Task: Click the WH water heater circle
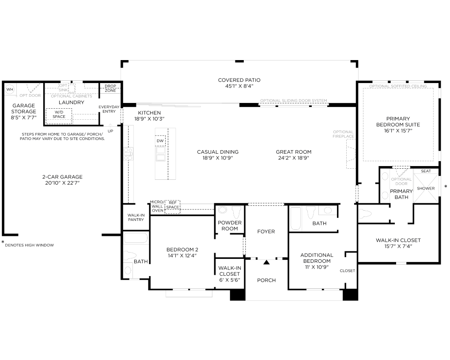coord(10,89)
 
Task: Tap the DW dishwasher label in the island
coord(160,140)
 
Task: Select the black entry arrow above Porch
coord(267,262)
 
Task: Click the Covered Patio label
coord(239,80)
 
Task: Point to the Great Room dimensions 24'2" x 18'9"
coord(294,158)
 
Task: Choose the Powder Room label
coord(230,226)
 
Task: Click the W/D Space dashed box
coord(59,116)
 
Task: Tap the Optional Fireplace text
coord(343,134)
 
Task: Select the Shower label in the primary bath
coord(426,188)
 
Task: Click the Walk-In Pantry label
coord(136,217)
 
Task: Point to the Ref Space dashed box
coord(173,207)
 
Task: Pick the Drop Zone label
coord(110,88)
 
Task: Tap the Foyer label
coord(266,231)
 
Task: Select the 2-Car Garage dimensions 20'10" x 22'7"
coord(62,183)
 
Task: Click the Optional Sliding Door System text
coord(294,101)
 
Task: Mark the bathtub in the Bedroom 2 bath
coord(136,238)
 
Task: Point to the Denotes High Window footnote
coord(29,245)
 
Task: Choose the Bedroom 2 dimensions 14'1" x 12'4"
coord(182,256)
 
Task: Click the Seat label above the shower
coord(426,171)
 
